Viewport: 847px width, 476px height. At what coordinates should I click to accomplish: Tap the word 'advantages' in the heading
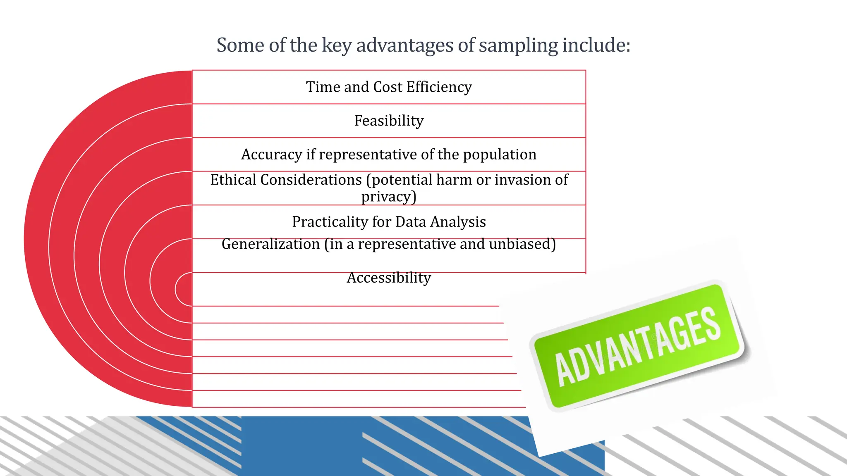404,45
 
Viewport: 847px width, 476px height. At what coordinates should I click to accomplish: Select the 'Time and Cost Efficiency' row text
389,87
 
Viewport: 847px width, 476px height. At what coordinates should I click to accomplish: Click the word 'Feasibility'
389,121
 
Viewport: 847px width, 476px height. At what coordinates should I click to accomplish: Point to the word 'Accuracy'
271,155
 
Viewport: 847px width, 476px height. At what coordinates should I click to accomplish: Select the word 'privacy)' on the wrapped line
389,197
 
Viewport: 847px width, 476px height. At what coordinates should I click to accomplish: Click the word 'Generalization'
270,244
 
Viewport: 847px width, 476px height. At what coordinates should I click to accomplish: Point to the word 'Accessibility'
389,278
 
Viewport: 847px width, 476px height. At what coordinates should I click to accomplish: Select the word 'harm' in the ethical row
454,180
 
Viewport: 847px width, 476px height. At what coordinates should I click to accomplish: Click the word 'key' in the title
337,45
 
